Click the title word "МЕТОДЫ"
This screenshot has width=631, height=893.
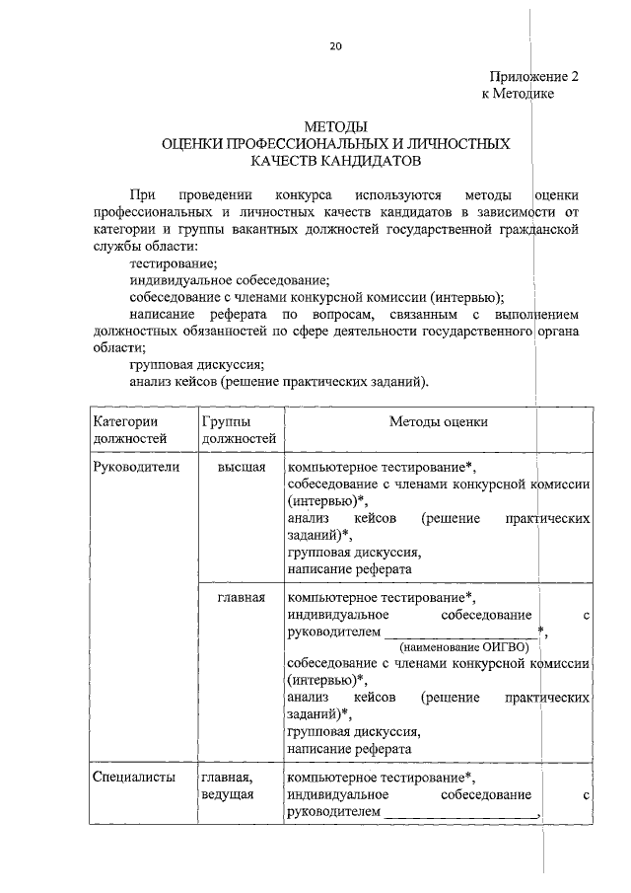[x=335, y=127]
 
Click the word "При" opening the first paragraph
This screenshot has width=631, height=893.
[x=141, y=195]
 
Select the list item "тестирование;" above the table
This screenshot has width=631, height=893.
[x=174, y=263]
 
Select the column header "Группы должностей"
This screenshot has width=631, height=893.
[x=238, y=430]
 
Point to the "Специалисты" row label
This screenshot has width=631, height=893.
[x=134, y=777]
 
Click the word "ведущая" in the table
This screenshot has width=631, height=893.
[x=229, y=794]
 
